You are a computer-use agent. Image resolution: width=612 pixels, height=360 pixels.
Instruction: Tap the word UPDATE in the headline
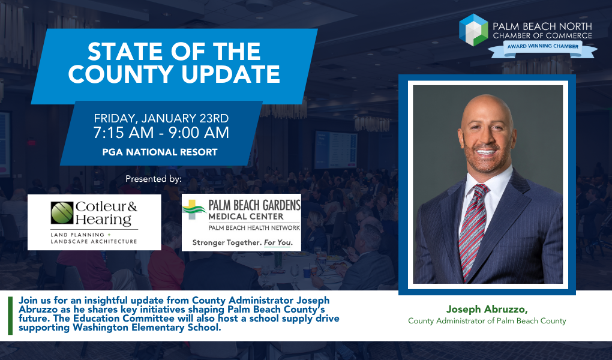click(230, 74)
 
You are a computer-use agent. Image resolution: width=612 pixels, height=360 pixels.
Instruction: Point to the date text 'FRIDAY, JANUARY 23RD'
click(161, 118)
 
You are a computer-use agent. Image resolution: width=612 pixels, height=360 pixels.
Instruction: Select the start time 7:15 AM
click(124, 133)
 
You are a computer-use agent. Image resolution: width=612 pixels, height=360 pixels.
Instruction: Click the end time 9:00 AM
click(199, 133)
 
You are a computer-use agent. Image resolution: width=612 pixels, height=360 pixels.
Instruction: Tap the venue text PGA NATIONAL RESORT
click(160, 152)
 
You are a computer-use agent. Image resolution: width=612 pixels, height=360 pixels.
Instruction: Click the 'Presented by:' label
click(154, 179)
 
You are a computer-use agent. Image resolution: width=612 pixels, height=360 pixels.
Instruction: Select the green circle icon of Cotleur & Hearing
click(62, 213)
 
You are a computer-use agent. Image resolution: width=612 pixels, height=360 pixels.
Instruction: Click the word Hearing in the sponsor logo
click(103, 220)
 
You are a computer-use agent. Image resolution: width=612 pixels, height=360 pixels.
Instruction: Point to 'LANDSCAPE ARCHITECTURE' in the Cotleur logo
click(94, 242)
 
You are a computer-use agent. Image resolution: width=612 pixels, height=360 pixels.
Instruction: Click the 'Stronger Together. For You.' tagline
click(242, 243)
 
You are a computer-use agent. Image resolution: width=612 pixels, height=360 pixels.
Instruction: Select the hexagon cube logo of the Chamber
click(473, 30)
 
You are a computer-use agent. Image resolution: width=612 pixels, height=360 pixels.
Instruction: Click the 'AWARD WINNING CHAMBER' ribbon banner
click(543, 48)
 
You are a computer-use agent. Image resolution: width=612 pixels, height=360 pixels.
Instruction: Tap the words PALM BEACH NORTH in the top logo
click(542, 26)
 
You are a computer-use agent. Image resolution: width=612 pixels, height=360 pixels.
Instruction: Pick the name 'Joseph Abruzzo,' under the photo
click(487, 309)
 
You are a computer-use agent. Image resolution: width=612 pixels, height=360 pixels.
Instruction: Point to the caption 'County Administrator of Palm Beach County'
click(487, 321)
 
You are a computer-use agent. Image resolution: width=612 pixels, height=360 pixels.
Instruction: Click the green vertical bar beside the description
click(10, 316)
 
